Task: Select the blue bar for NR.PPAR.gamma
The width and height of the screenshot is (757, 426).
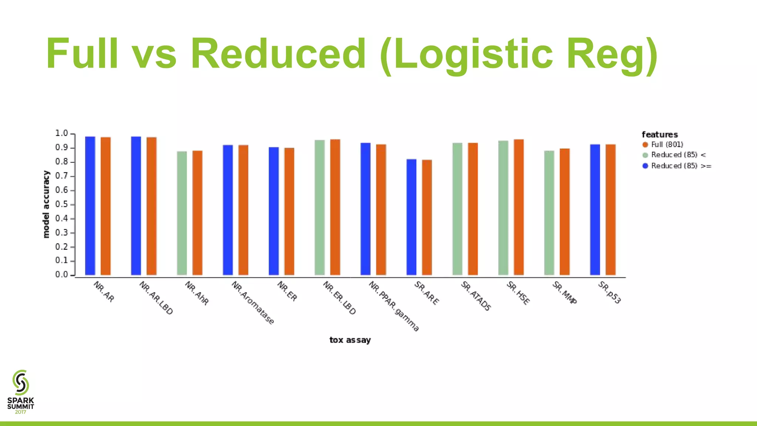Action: (366, 209)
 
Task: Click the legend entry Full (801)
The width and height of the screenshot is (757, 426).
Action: (667, 145)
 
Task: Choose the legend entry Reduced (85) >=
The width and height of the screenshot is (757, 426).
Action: (681, 166)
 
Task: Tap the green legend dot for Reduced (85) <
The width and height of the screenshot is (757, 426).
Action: (645, 155)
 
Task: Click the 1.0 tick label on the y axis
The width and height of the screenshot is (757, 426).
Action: (62, 133)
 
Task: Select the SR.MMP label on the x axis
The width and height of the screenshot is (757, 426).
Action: (564, 293)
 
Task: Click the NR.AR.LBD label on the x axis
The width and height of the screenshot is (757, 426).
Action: (156, 298)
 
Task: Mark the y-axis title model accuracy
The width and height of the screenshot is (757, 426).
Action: (46, 204)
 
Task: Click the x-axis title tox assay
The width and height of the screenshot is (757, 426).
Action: (350, 340)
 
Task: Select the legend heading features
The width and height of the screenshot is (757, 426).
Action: (660, 135)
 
